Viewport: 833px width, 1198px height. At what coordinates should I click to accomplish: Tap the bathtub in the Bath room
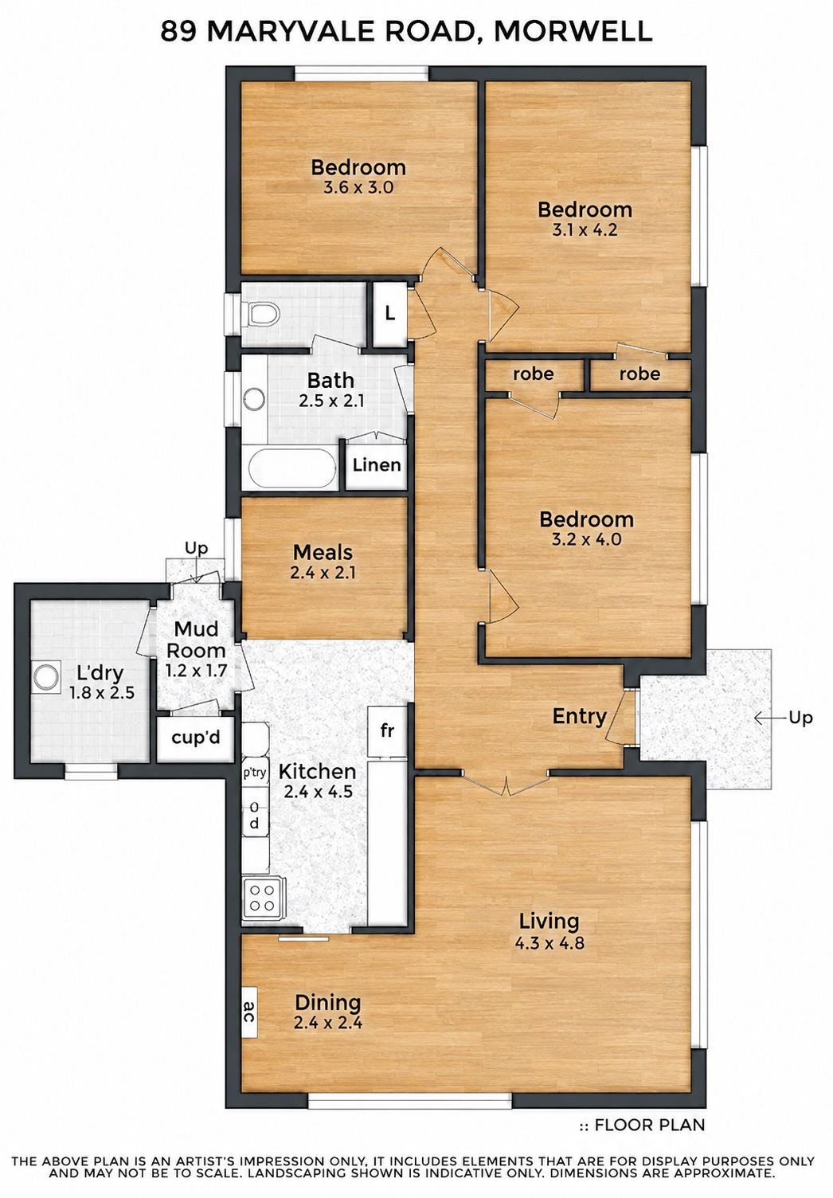click(292, 468)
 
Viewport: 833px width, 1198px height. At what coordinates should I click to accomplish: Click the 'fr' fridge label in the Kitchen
click(386, 730)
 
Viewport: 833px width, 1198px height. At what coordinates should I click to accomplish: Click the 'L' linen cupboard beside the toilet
click(390, 313)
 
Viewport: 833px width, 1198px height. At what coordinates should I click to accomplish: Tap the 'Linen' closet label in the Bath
click(377, 464)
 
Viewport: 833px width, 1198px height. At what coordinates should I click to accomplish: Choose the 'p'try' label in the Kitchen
click(255, 773)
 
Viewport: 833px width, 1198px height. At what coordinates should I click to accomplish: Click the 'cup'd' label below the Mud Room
click(196, 738)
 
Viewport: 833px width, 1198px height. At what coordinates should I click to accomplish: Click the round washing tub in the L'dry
click(45, 676)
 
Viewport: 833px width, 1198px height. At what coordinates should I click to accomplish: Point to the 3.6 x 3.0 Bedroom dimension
click(358, 188)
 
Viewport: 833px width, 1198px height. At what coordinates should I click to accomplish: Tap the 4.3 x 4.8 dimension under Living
click(549, 943)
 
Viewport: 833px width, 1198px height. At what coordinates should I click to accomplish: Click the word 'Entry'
click(579, 716)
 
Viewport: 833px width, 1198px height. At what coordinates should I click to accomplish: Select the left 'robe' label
click(533, 374)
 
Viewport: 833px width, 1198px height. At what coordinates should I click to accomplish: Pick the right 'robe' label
click(639, 374)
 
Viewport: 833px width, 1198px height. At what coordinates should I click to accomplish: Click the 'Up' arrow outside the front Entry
click(770, 718)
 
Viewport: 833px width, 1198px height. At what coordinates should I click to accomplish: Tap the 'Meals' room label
click(323, 552)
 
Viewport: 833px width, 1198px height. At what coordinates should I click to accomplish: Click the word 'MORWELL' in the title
click(573, 32)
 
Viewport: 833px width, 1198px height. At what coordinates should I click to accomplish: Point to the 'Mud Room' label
click(196, 640)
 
